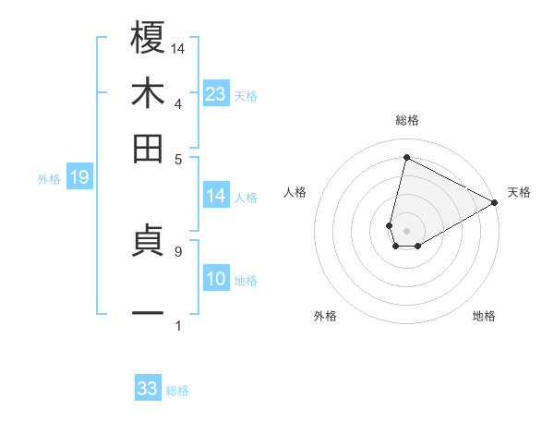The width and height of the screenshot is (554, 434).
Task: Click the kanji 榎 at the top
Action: [149, 39]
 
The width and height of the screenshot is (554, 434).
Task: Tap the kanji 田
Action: [149, 148]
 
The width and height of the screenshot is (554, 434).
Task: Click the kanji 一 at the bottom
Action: [149, 314]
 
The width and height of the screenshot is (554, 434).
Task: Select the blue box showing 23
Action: [216, 94]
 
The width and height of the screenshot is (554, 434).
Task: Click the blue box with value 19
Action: [79, 178]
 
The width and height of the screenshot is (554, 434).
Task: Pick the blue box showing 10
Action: [216, 280]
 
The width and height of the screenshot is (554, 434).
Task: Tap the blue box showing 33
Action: [148, 389]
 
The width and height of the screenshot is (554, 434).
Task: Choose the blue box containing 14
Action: [216, 196]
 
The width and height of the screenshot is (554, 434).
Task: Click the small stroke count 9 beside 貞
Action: [177, 250]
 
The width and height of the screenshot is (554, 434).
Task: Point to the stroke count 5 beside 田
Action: [177, 158]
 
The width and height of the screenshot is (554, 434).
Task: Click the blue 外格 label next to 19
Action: [49, 179]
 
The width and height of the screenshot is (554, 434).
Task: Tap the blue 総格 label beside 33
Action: [177, 391]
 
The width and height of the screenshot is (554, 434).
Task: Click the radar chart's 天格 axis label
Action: [519, 192]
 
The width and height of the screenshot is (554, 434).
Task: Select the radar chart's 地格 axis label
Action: [484, 316]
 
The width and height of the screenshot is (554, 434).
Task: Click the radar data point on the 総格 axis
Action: [406, 157]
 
